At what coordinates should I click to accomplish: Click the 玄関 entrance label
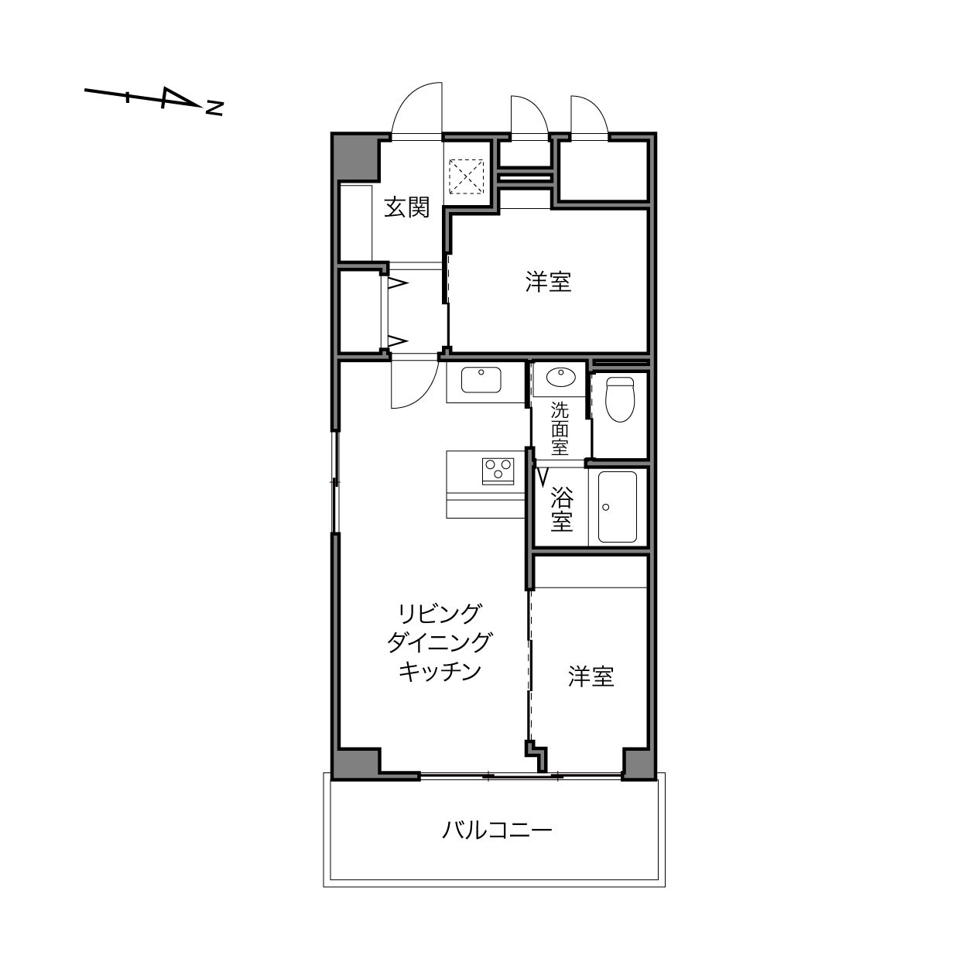point(407,207)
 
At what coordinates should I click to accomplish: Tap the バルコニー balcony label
point(498,829)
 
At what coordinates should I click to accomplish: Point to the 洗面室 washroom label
point(560,429)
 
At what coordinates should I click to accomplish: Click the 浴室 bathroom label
point(562,509)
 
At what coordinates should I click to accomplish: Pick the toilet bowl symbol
point(620,399)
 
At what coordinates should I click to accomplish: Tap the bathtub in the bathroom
point(618,507)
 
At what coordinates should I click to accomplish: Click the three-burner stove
point(498,471)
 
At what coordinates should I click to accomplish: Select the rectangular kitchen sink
point(481,380)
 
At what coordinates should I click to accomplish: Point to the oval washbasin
point(561,377)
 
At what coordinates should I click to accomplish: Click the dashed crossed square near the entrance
point(466,176)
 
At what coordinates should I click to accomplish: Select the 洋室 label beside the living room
point(591,677)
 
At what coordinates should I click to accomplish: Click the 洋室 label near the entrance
point(549,282)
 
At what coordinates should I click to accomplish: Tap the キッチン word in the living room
point(440,672)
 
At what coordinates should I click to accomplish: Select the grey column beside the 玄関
point(355,157)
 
